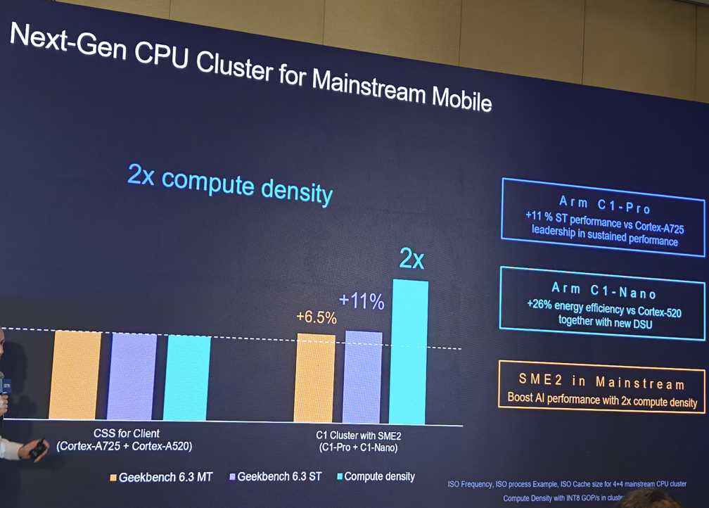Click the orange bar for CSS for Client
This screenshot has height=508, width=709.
click(76, 374)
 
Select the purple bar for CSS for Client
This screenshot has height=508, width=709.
click(132, 376)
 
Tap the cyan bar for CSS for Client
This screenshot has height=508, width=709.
click(186, 378)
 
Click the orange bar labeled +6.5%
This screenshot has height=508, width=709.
click(314, 379)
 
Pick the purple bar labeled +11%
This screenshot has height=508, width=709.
click(363, 377)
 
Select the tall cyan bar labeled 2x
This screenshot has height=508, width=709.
click(409, 352)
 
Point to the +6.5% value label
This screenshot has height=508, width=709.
click(317, 317)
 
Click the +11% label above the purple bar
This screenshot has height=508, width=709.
click(362, 302)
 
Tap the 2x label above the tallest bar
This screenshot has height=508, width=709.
click(411, 260)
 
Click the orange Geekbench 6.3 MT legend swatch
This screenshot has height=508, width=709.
click(113, 477)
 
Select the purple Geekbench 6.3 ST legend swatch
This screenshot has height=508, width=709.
click(232, 477)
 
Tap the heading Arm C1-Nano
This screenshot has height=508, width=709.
click(605, 288)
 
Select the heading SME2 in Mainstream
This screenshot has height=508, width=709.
click(601, 383)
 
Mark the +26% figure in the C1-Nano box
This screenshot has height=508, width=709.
click(539, 304)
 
